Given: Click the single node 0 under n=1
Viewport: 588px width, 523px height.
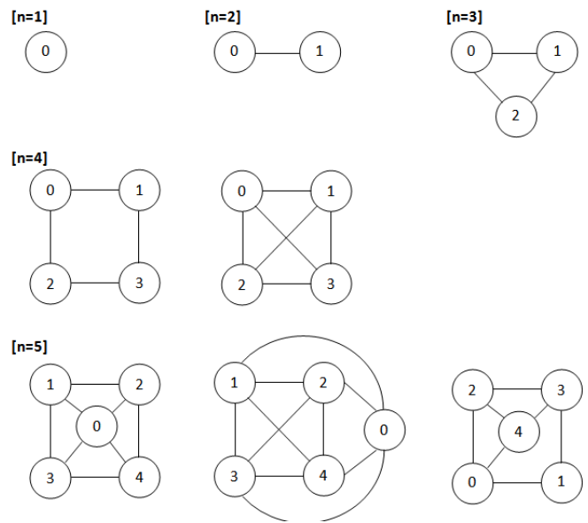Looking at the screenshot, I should pyautogui.click(x=46, y=52).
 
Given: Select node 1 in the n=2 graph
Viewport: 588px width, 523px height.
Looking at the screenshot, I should pyautogui.click(x=319, y=52).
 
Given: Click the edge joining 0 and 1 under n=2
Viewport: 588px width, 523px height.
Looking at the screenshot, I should pyautogui.click(x=276, y=52).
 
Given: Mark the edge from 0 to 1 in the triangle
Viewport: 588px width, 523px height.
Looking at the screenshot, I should pyautogui.click(x=514, y=52).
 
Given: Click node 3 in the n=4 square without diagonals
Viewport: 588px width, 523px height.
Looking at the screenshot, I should pyautogui.click(x=139, y=284).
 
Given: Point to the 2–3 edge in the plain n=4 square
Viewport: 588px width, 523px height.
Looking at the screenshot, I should pyautogui.click(x=94, y=284).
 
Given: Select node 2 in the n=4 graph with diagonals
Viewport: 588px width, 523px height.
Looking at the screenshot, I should pyautogui.click(x=237, y=284).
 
